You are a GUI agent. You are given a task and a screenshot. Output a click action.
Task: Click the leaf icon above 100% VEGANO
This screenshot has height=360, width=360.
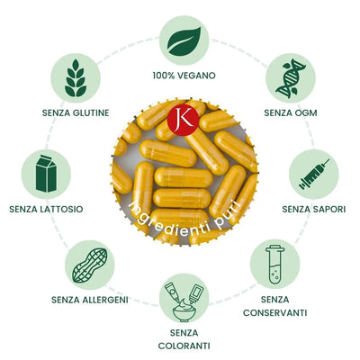(x=184, y=41)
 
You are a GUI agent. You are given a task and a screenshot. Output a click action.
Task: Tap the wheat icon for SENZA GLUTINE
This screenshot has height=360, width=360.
(x=76, y=78)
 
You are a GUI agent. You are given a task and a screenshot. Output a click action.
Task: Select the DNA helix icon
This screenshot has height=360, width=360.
(x=291, y=78)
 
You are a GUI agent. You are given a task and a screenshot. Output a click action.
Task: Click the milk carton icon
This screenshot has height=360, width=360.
(x=46, y=174)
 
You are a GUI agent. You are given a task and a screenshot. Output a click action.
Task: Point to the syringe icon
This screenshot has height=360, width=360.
(x=314, y=174)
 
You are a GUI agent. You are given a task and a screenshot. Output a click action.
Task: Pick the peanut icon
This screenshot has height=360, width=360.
(x=90, y=265)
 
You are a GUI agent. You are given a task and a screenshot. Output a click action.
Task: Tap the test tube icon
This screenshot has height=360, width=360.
(x=274, y=264)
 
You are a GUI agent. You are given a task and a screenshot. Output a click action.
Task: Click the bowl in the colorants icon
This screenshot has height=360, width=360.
(x=184, y=312)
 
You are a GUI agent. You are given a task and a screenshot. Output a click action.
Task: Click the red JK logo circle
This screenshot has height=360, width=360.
(x=183, y=120)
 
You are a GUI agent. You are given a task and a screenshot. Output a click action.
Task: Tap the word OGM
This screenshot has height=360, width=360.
(x=306, y=113)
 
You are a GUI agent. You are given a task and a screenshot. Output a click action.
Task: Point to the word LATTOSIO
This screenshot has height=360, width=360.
(x=62, y=209)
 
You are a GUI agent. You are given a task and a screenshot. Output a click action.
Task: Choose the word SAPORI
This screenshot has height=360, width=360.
(x=329, y=209)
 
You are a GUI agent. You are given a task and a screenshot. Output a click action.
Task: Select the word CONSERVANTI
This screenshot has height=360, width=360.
(x=274, y=313)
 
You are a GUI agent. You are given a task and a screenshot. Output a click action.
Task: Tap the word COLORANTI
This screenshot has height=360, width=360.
(x=184, y=346)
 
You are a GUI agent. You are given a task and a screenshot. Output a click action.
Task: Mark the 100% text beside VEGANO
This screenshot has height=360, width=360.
(x=164, y=76)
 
